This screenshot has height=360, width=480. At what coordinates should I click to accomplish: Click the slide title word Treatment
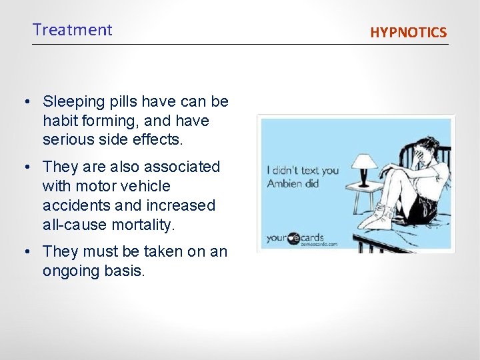coord(73,30)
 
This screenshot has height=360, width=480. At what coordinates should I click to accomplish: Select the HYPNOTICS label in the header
coord(409,32)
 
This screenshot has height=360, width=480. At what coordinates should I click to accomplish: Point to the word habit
coord(59,121)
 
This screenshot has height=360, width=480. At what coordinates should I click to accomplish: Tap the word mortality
coord(142,225)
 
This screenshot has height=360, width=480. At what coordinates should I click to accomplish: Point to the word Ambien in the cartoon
coord(283,183)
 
